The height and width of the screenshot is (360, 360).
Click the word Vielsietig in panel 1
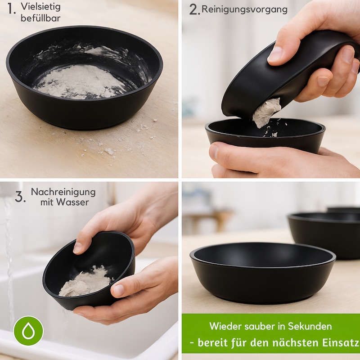pos(40,7)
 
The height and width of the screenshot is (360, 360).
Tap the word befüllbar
pos(40,18)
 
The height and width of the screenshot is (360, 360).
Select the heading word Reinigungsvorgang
pos(244,9)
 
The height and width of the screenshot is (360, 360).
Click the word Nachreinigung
pos(63,192)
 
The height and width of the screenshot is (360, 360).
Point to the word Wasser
pos(72,202)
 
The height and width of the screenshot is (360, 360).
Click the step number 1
pos(11,9)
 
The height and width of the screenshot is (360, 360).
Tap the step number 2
pos(194,10)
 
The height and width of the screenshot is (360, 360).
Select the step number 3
pos(20,197)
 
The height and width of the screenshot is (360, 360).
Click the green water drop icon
pos(28,331)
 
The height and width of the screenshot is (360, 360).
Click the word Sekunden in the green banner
pos(310,326)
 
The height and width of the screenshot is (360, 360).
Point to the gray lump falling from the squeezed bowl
pos(266,112)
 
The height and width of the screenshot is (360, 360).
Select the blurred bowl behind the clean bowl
pos(324,234)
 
